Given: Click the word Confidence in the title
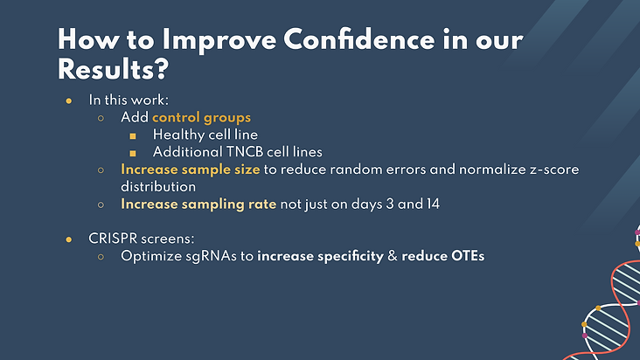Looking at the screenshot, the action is point(359,39).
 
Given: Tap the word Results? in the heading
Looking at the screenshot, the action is point(113,69).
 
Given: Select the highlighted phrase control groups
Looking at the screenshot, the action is point(201,118).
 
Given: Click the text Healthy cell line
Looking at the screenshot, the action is point(205,135).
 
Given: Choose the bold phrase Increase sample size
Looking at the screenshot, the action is point(191,170).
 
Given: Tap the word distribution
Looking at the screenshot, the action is point(158,187).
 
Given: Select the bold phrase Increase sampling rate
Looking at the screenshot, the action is point(198,204).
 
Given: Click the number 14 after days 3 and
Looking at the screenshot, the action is point(433,204).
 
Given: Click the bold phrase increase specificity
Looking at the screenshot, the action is point(320,256).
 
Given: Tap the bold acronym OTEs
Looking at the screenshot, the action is point(468,256).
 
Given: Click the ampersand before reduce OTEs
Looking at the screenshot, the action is point(393,256).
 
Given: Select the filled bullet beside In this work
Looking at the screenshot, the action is point(68,100).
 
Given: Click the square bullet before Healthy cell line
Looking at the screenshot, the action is point(133,135).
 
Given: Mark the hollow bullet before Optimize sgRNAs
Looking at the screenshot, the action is point(101,256).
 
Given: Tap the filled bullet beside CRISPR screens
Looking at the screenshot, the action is point(68,239).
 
